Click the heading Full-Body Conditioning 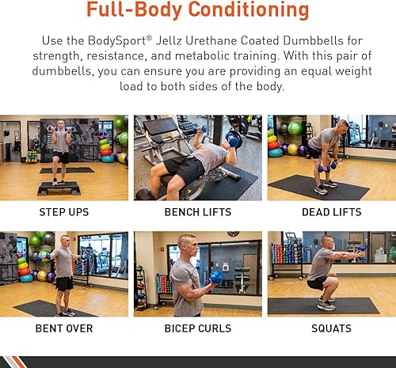click(x=197, y=11)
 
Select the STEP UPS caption click(x=63, y=212)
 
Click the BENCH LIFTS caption click(x=197, y=212)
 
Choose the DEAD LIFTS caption click(x=330, y=212)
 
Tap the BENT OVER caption click(x=63, y=328)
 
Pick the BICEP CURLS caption click(x=197, y=328)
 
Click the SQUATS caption click(x=330, y=328)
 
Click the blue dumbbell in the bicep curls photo click(x=216, y=277)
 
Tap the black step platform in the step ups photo click(x=59, y=188)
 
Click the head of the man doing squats click(x=327, y=241)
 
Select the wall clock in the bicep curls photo click(x=232, y=234)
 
